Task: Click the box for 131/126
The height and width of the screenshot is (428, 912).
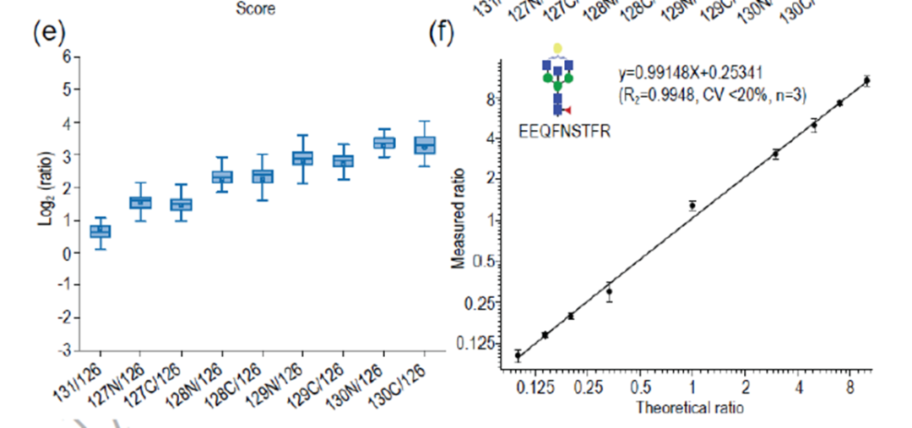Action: [x=100, y=230]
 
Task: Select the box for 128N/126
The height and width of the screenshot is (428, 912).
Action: [x=222, y=176]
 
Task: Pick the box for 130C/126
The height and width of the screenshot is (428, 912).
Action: [x=425, y=144]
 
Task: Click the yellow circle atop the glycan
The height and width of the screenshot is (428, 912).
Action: [x=556, y=48]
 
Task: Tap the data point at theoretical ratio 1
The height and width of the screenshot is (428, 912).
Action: [x=692, y=205]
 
